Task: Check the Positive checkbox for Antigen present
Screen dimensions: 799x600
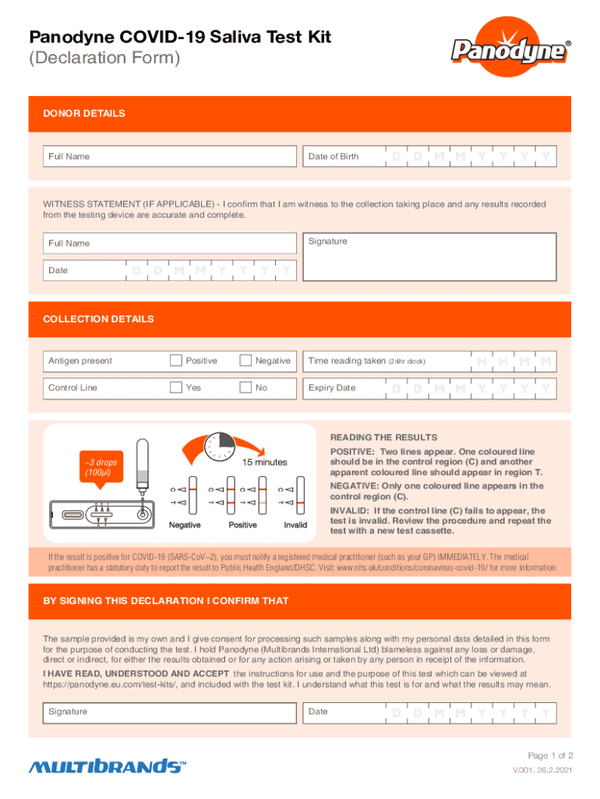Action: pos(176,360)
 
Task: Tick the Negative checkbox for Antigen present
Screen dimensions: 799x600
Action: pos(246,360)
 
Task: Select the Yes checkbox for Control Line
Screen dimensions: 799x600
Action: pos(176,387)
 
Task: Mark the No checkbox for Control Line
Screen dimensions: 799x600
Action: pos(246,387)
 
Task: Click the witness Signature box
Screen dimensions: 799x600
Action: pos(429,257)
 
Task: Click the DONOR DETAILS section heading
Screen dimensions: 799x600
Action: pos(84,114)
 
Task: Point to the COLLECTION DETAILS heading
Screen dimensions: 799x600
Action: pos(98,319)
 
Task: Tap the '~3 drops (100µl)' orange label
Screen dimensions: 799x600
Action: pos(98,467)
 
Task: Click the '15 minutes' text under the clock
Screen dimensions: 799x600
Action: pos(264,463)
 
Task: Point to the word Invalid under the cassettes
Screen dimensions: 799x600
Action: pos(295,525)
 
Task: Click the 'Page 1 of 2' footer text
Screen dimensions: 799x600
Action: pos(550,755)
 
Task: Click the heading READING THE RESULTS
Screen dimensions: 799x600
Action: pos(383,438)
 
